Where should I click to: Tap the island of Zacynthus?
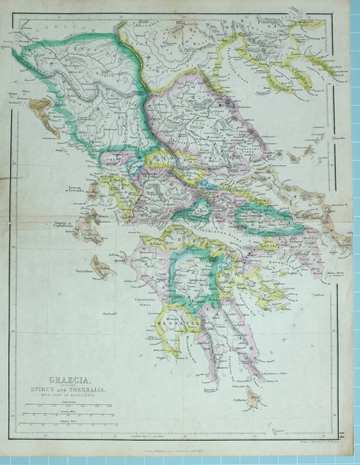tap(102, 269)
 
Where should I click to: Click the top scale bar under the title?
tap(68, 405)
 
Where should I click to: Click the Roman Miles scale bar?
tap(68, 416)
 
